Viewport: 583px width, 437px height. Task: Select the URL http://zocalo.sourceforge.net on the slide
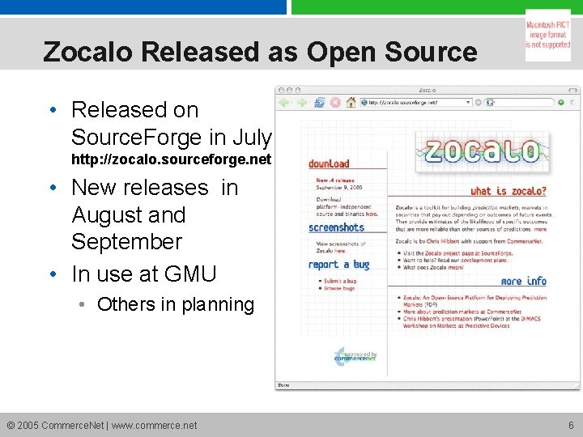(x=171, y=159)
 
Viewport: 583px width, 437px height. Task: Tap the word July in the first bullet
(x=251, y=136)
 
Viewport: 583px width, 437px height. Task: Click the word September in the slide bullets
(x=126, y=241)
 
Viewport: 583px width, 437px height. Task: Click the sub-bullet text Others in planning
(x=175, y=304)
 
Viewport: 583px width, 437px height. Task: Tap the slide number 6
(x=571, y=425)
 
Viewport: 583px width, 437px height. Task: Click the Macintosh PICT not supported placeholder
(x=548, y=35)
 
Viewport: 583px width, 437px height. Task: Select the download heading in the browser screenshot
(x=329, y=163)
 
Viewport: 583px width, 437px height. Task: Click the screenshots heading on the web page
(x=337, y=227)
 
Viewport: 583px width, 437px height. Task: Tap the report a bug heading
(x=338, y=265)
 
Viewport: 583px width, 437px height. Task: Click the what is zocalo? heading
(x=508, y=191)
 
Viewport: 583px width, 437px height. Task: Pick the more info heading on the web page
(x=523, y=281)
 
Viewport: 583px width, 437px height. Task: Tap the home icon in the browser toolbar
(x=351, y=103)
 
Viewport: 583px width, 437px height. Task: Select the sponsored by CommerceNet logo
(x=355, y=356)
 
